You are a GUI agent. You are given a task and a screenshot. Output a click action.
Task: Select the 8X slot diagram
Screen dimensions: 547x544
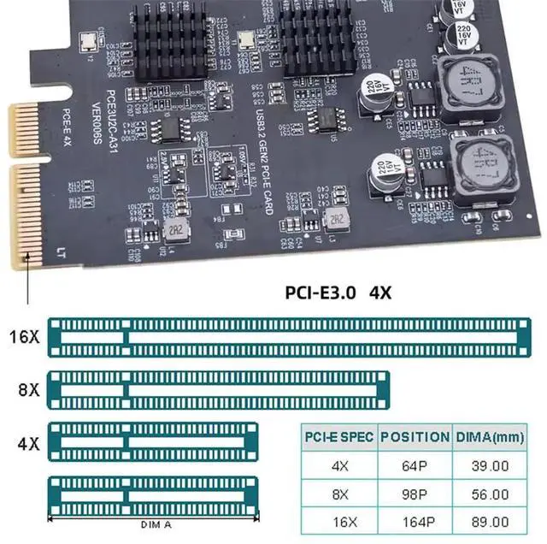pos(218,390)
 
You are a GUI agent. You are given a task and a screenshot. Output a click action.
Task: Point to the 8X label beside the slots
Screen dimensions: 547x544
pos(28,389)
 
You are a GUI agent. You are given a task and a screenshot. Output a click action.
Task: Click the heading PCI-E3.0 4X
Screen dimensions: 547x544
pos(338,291)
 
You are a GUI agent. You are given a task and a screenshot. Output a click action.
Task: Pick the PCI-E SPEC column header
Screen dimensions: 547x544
pos(339,437)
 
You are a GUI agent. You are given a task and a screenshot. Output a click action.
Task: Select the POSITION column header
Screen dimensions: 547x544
pos(415,437)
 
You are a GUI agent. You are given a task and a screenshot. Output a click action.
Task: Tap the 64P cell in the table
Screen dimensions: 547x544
pos(415,466)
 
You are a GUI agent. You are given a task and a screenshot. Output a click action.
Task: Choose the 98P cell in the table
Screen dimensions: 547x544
pos(415,494)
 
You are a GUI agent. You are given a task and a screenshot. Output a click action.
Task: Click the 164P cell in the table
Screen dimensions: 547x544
pos(415,522)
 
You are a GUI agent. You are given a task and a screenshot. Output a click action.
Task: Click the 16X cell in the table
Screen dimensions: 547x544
pos(339,522)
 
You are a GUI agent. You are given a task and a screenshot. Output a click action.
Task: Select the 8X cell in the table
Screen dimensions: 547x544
pos(339,494)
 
